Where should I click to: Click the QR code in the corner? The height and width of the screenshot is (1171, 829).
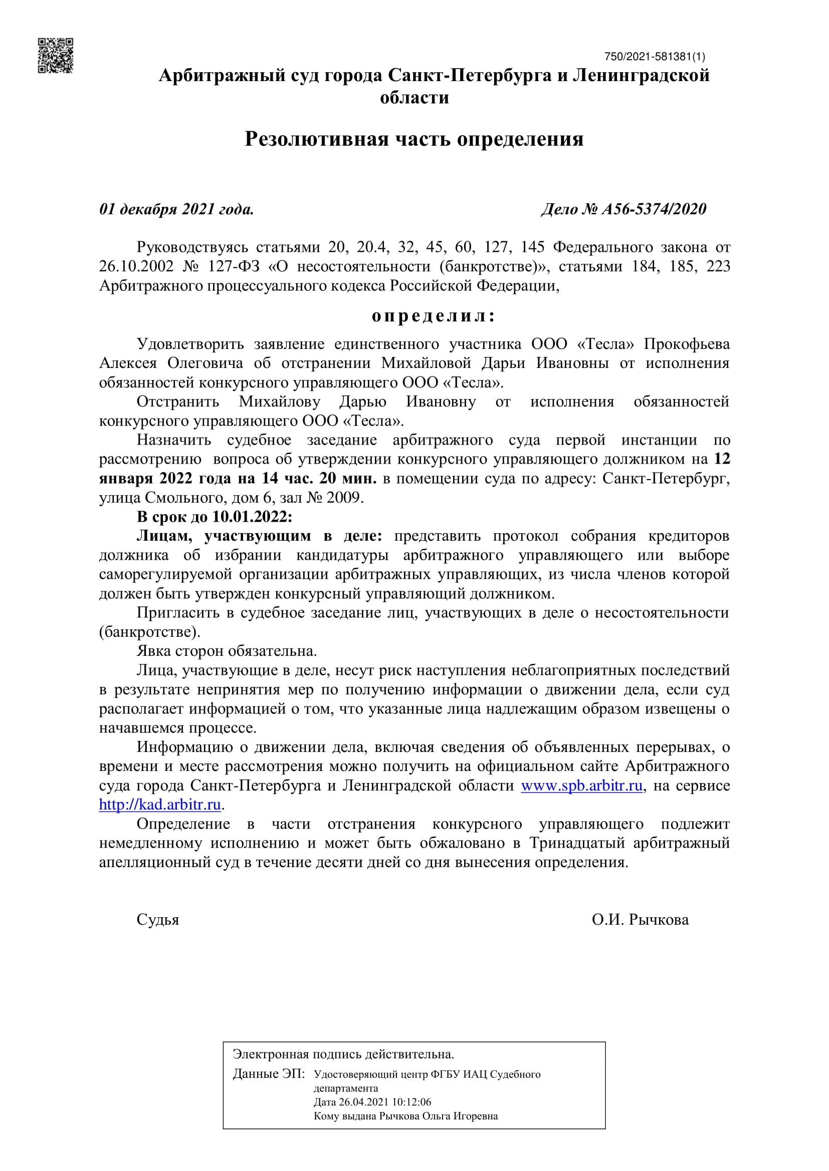56,56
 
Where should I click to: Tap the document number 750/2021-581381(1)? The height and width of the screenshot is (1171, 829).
655,57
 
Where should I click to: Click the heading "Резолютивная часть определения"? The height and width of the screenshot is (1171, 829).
414,139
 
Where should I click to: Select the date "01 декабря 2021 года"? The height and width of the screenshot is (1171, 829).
176,209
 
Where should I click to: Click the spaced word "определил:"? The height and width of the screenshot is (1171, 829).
434,316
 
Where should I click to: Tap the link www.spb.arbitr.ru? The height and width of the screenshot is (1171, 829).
581,786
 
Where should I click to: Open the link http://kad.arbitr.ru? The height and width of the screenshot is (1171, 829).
160,805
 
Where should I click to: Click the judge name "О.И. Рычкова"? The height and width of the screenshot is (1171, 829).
640,920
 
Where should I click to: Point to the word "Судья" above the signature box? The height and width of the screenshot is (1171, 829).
158,920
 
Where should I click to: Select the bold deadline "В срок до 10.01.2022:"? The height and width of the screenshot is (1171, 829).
215,517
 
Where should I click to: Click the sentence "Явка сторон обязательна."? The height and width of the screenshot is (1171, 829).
227,651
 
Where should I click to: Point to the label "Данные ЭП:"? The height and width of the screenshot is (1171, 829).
269,1074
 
